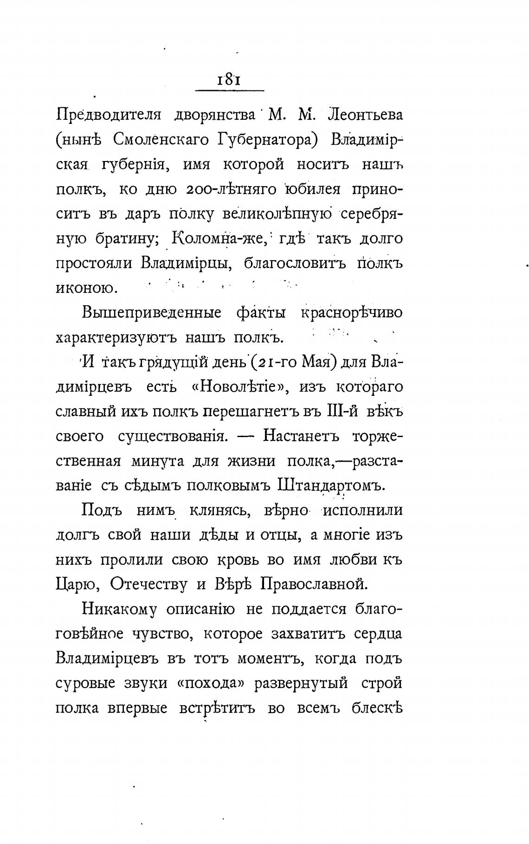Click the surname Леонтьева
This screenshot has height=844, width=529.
coord(365,115)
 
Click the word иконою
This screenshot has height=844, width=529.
coord(87,288)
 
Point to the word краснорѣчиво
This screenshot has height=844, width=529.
coord(351,313)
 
